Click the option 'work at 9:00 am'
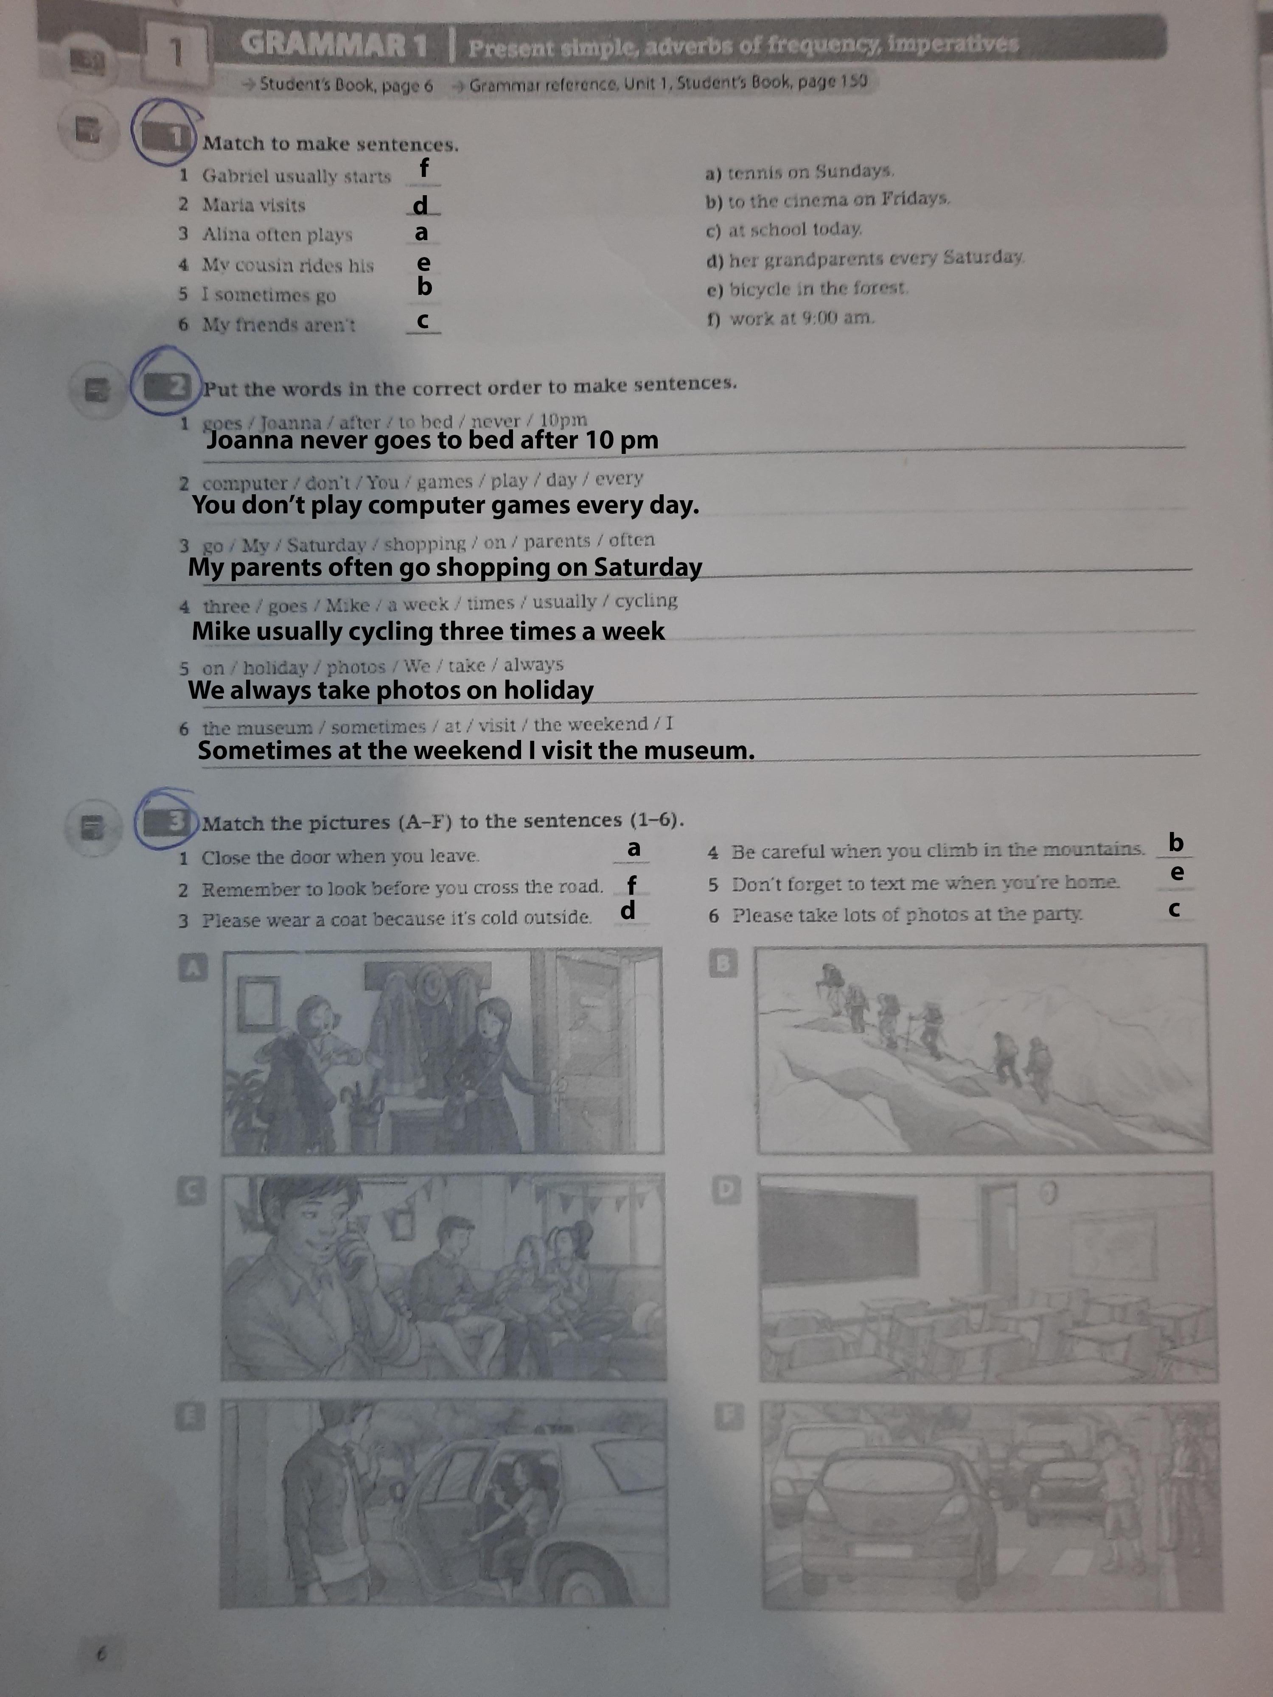click(x=791, y=318)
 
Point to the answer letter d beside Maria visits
click(x=421, y=205)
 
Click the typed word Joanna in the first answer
click(x=251, y=440)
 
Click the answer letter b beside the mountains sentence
click(x=1175, y=843)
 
